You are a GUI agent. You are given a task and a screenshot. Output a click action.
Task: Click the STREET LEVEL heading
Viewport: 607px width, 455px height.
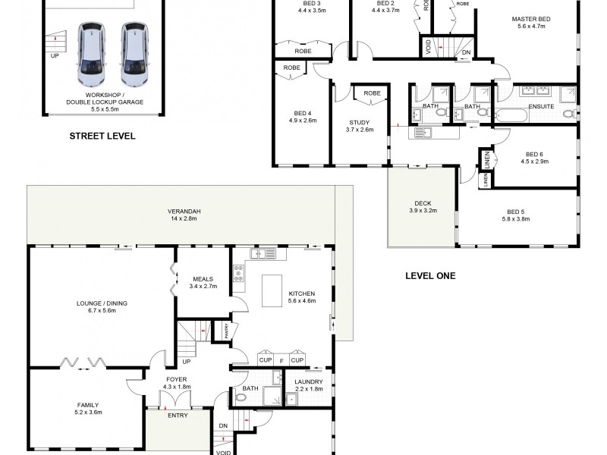[102, 136]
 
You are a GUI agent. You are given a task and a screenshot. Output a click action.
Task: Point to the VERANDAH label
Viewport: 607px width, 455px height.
[168, 211]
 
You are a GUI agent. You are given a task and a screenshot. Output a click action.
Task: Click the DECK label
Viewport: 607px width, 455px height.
[422, 203]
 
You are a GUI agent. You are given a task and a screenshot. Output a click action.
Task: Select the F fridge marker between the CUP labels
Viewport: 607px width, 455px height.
[281, 359]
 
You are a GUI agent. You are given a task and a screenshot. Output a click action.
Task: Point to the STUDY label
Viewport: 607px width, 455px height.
[359, 122]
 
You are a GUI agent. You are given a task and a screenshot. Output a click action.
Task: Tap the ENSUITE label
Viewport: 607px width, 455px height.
[541, 106]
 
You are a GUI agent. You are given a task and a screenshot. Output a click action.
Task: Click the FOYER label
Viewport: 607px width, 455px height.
[176, 378]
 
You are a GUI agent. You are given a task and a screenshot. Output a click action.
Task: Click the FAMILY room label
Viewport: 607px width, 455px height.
[88, 405]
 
